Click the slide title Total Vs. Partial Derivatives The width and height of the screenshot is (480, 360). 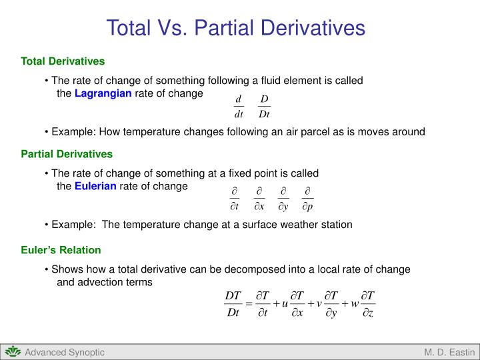pos(236,28)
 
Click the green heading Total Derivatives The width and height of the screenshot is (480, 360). pos(63,61)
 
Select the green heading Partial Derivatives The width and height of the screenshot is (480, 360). pos(67,154)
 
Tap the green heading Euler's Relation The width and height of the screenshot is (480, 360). pos(61,250)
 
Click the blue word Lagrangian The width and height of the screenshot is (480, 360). pos(103,93)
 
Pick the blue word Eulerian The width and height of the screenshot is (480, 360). pos(95,186)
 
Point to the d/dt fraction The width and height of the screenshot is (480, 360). pos(238,107)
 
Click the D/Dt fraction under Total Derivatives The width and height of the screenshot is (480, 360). pos(264,107)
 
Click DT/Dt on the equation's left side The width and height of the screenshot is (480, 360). pos(233,304)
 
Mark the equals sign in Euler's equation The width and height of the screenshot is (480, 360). pos(249,305)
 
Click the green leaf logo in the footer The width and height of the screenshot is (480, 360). pos(12,352)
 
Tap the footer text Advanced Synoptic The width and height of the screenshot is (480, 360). pos(65,352)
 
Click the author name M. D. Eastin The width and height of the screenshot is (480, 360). pos(449,352)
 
